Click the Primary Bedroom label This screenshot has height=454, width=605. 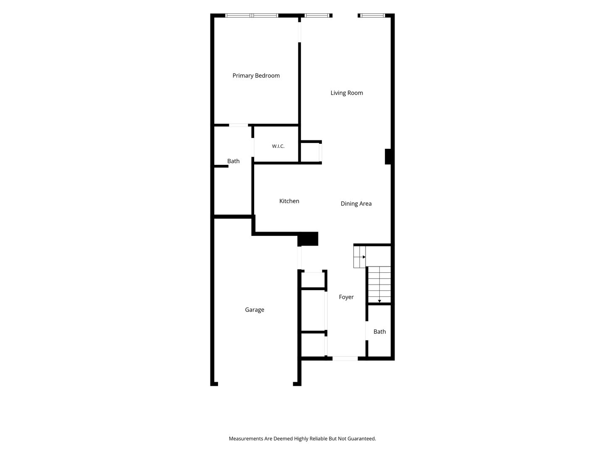click(x=256, y=76)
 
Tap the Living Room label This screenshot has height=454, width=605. click(x=347, y=93)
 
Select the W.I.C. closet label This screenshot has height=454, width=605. click(x=278, y=146)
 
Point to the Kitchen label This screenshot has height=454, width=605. click(x=289, y=201)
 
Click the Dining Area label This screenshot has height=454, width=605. click(x=356, y=203)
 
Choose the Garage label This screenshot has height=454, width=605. click(x=255, y=309)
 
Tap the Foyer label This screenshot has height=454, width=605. click(x=346, y=297)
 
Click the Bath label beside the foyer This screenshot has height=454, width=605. click(x=379, y=332)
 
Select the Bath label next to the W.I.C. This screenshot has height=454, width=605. click(x=233, y=161)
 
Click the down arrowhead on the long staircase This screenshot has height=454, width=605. click(x=379, y=301)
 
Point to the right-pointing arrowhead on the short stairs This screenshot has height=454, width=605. click(x=364, y=257)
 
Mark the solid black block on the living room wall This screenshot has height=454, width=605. click(x=387, y=156)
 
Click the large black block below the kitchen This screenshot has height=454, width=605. click(x=308, y=239)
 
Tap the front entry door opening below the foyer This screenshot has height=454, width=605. click(x=345, y=358)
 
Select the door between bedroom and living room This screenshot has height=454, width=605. click(x=299, y=32)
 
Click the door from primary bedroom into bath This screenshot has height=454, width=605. click(x=238, y=125)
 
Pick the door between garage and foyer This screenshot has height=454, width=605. click(x=299, y=258)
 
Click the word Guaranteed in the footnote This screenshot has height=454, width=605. click(x=361, y=438)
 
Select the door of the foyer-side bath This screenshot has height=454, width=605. click(x=367, y=330)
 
